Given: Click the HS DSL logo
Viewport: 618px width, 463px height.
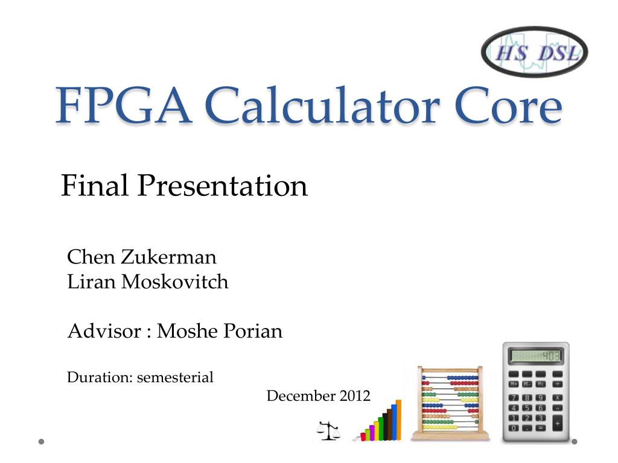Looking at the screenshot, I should [534, 52].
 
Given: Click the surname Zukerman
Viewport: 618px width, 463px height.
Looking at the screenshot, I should [168, 257].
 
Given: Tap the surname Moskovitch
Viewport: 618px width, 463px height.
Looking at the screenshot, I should [175, 282].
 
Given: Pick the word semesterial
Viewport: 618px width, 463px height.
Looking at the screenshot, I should [175, 378].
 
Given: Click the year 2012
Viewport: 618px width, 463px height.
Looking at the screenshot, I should [355, 396].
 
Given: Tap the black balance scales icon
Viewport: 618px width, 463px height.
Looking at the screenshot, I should [328, 430].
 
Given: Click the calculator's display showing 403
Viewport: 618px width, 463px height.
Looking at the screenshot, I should [536, 356].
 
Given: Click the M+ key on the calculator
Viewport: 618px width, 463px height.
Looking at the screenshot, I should [514, 383].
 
